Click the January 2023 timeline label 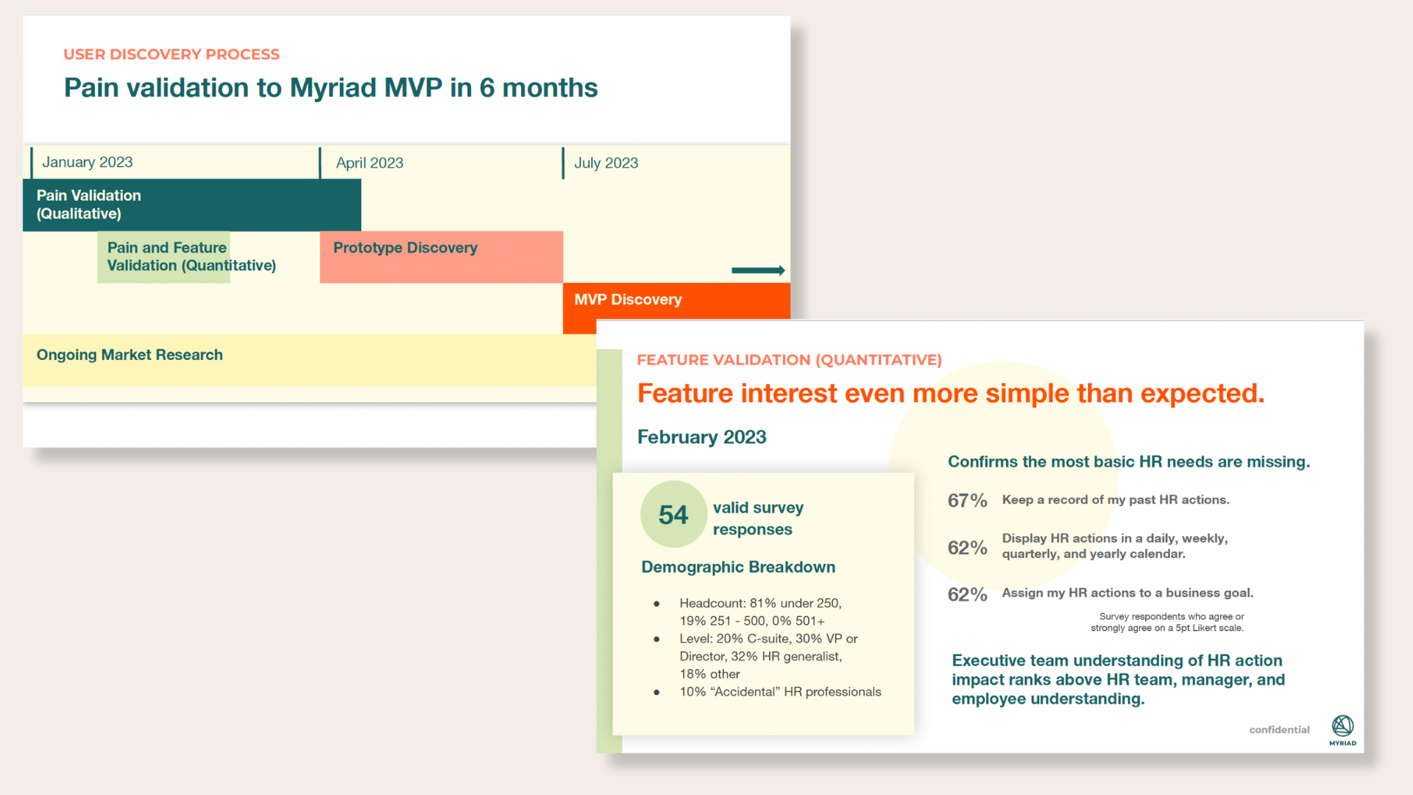pos(87,162)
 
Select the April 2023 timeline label pos(369,163)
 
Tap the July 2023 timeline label pos(606,163)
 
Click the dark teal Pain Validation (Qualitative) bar pos(192,205)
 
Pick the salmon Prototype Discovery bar pos(442,257)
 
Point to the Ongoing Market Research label pos(130,355)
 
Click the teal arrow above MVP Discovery pos(758,270)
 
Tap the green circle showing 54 pos(673,514)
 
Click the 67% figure pos(967,501)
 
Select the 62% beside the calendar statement pos(967,548)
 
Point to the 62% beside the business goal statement pos(967,594)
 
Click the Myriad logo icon pos(1342,726)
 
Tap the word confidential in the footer pos(1279,729)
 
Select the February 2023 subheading pos(701,437)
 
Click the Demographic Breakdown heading pos(738,567)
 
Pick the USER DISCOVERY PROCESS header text pos(171,54)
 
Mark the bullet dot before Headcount pos(656,604)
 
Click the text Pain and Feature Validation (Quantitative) pos(191,256)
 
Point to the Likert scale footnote pos(1168,622)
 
